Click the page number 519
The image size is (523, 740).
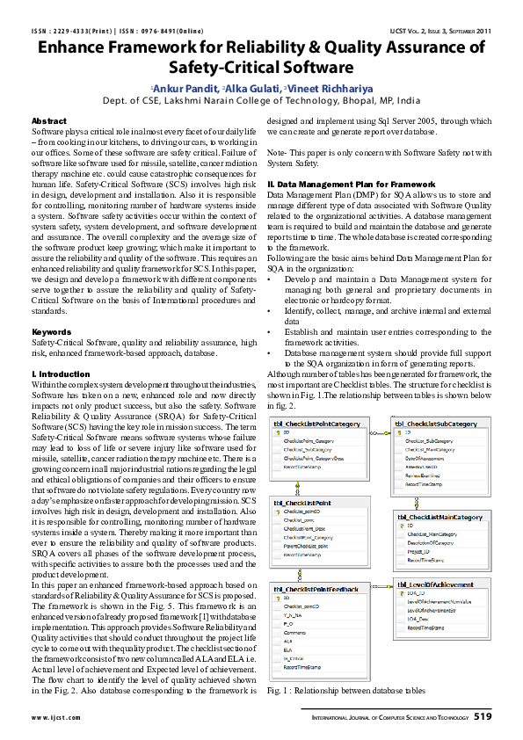[482, 717]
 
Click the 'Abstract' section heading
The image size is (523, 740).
[48, 120]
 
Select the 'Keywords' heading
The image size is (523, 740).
[51, 331]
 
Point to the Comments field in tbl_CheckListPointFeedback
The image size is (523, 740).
[296, 632]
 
